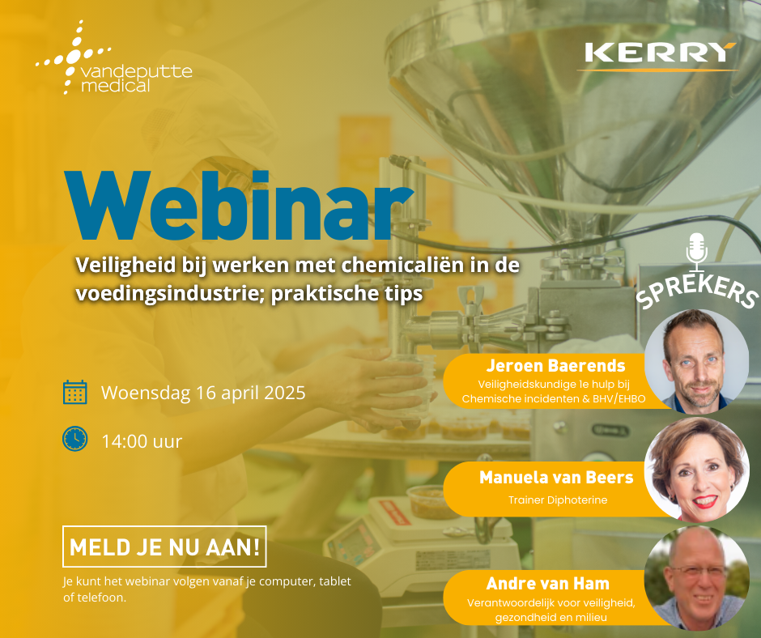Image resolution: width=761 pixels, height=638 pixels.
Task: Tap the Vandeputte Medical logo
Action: click(x=114, y=57)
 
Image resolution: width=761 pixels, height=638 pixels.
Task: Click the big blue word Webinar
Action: click(x=239, y=206)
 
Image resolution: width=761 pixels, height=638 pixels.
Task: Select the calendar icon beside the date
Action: click(x=74, y=393)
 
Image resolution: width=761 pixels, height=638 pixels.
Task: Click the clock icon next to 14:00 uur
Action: click(x=74, y=439)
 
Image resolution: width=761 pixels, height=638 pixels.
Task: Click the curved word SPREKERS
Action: click(x=697, y=291)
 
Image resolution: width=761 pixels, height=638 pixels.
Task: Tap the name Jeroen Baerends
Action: click(x=555, y=365)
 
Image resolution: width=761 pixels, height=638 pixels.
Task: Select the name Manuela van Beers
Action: click(x=556, y=478)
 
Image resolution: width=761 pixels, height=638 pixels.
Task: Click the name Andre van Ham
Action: click(x=547, y=583)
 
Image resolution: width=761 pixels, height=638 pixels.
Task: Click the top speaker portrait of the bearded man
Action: click(x=696, y=361)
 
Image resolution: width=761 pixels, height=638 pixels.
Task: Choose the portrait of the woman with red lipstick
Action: click(x=696, y=470)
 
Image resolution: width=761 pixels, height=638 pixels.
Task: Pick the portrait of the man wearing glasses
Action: click(x=696, y=578)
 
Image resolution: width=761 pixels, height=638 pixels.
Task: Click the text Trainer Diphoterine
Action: click(x=558, y=500)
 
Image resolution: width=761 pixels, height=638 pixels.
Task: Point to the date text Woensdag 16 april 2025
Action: click(x=203, y=393)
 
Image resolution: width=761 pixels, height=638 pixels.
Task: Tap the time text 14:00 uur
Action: click(x=142, y=441)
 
